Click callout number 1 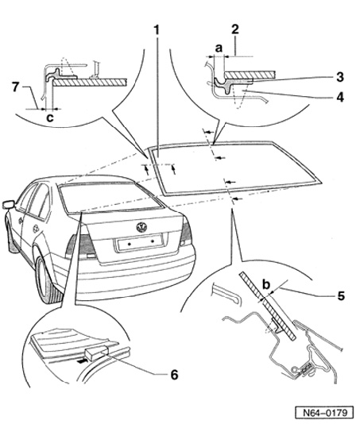157,29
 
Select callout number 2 235,29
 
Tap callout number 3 340,77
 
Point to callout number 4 340,97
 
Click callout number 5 341,296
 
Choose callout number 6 174,375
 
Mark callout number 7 16,87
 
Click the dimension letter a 219,48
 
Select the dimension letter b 266,284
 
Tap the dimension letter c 50,118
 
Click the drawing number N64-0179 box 324,413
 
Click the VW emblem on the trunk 141,227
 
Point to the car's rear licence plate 140,242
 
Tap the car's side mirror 9,204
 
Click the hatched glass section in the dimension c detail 90,83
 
